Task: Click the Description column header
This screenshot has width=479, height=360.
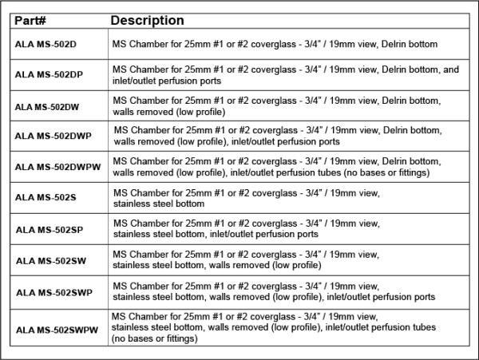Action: (x=147, y=20)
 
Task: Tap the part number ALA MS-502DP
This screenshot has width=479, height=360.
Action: (x=49, y=75)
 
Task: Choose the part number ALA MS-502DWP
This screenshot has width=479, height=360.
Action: (x=53, y=136)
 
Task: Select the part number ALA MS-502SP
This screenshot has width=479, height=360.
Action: (x=48, y=229)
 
